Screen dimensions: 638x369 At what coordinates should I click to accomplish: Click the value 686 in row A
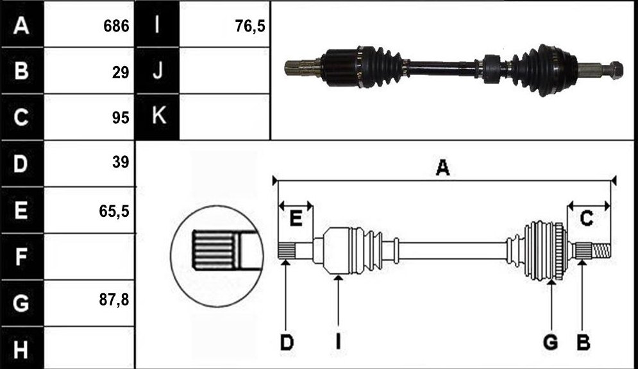pyautogui.click(x=116, y=26)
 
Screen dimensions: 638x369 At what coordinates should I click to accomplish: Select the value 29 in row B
pyautogui.click(x=121, y=73)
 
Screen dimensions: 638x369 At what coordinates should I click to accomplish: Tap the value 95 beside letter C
pyautogui.click(x=121, y=117)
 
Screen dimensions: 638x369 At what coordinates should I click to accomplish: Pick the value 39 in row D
pyautogui.click(x=121, y=162)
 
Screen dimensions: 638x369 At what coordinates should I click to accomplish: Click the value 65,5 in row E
pyautogui.click(x=114, y=211)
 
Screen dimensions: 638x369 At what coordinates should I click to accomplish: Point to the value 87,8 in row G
pyautogui.click(x=114, y=300)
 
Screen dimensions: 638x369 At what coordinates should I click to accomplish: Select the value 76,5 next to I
pyautogui.click(x=250, y=26)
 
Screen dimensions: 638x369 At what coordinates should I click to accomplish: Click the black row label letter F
pyautogui.click(x=21, y=257)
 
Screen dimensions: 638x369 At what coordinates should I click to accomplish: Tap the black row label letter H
pyautogui.click(x=21, y=350)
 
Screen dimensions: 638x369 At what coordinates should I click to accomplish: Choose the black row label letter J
pyautogui.click(x=158, y=70)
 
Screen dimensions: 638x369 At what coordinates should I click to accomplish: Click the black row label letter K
pyautogui.click(x=158, y=115)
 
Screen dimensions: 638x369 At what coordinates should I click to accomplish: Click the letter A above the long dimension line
pyautogui.click(x=442, y=167)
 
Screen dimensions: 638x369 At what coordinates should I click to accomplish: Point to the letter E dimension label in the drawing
pyautogui.click(x=296, y=219)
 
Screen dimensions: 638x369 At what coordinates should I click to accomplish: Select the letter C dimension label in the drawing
pyautogui.click(x=586, y=219)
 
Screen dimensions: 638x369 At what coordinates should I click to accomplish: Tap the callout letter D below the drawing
pyautogui.click(x=287, y=343)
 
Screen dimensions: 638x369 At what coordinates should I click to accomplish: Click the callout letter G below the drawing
pyautogui.click(x=551, y=343)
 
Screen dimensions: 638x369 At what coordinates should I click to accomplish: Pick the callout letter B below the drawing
pyautogui.click(x=583, y=343)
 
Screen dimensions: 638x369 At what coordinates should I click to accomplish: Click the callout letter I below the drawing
pyautogui.click(x=338, y=343)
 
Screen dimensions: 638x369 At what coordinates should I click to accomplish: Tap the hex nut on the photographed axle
pyautogui.click(x=617, y=69)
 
